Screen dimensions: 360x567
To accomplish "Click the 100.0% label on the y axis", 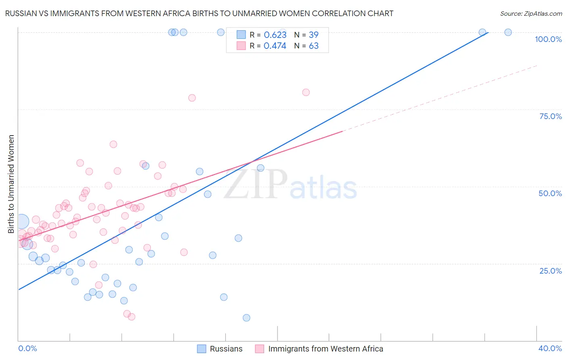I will click(548, 39).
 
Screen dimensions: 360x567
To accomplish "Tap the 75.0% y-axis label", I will click(550, 116).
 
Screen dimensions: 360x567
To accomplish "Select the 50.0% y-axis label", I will click(550, 193).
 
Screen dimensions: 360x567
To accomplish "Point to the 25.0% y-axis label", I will click(550, 270).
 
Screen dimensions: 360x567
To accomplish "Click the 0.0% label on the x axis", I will click(27, 348).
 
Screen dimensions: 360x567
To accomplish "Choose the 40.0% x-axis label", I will click(550, 348).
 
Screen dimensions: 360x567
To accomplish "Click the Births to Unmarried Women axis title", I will click(11, 184).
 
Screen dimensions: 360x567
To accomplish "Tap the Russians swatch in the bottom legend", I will click(202, 349).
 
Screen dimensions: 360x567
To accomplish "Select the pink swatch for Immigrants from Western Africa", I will click(260, 349).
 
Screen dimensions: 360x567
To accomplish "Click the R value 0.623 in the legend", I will click(275, 35).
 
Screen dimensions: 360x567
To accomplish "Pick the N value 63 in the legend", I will click(314, 46).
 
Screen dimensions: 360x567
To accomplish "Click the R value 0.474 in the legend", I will click(275, 46).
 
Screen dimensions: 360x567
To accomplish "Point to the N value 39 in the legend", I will click(314, 35).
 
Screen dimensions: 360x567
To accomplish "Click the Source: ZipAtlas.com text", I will click(531, 14).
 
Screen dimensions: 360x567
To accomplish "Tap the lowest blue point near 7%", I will click(246, 318).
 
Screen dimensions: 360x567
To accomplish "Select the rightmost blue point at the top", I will click(508, 32).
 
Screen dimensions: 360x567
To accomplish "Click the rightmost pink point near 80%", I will click(306, 92).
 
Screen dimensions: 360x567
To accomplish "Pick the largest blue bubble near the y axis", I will click(22, 221).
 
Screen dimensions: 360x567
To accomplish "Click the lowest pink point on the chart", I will click(131, 317).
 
